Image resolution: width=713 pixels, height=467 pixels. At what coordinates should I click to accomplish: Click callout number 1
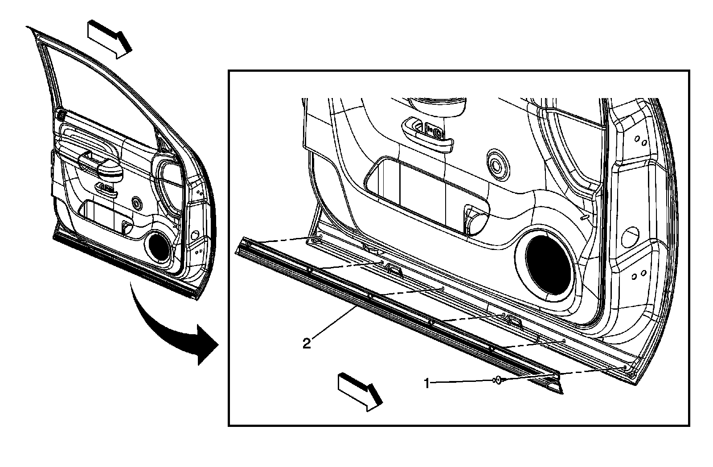click(426, 383)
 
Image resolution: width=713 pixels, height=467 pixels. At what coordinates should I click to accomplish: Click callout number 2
click(306, 344)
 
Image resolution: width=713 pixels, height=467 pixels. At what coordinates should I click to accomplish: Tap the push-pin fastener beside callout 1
click(497, 380)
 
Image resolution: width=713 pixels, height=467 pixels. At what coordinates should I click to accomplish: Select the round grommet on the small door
click(137, 204)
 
